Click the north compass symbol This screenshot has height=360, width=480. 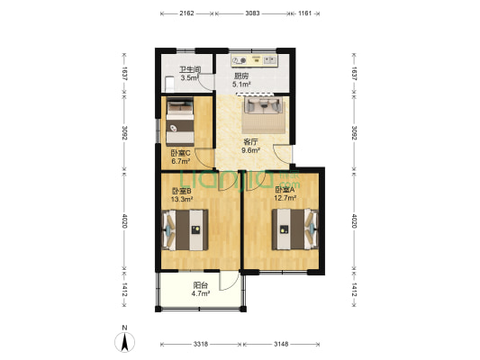(124, 342)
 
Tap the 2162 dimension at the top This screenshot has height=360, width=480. (186, 13)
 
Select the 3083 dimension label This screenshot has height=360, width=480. (252, 13)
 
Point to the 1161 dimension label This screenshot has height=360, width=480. (305, 13)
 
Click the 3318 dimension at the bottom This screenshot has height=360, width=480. (201, 344)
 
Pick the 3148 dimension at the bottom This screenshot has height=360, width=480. (281, 344)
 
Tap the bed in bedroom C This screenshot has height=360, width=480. (180, 121)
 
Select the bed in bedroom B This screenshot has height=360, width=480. (186, 229)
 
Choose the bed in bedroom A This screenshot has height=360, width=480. (295, 229)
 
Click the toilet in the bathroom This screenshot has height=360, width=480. (169, 85)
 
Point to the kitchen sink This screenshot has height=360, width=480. (269, 59)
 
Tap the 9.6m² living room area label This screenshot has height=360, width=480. (250, 150)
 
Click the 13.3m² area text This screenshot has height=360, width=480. (182, 200)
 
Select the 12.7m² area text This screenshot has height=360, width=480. (285, 198)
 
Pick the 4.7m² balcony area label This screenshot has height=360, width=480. (201, 293)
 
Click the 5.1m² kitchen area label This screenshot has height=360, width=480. (242, 84)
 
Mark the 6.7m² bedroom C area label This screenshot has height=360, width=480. (181, 161)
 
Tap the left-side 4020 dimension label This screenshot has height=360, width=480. (124, 220)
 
